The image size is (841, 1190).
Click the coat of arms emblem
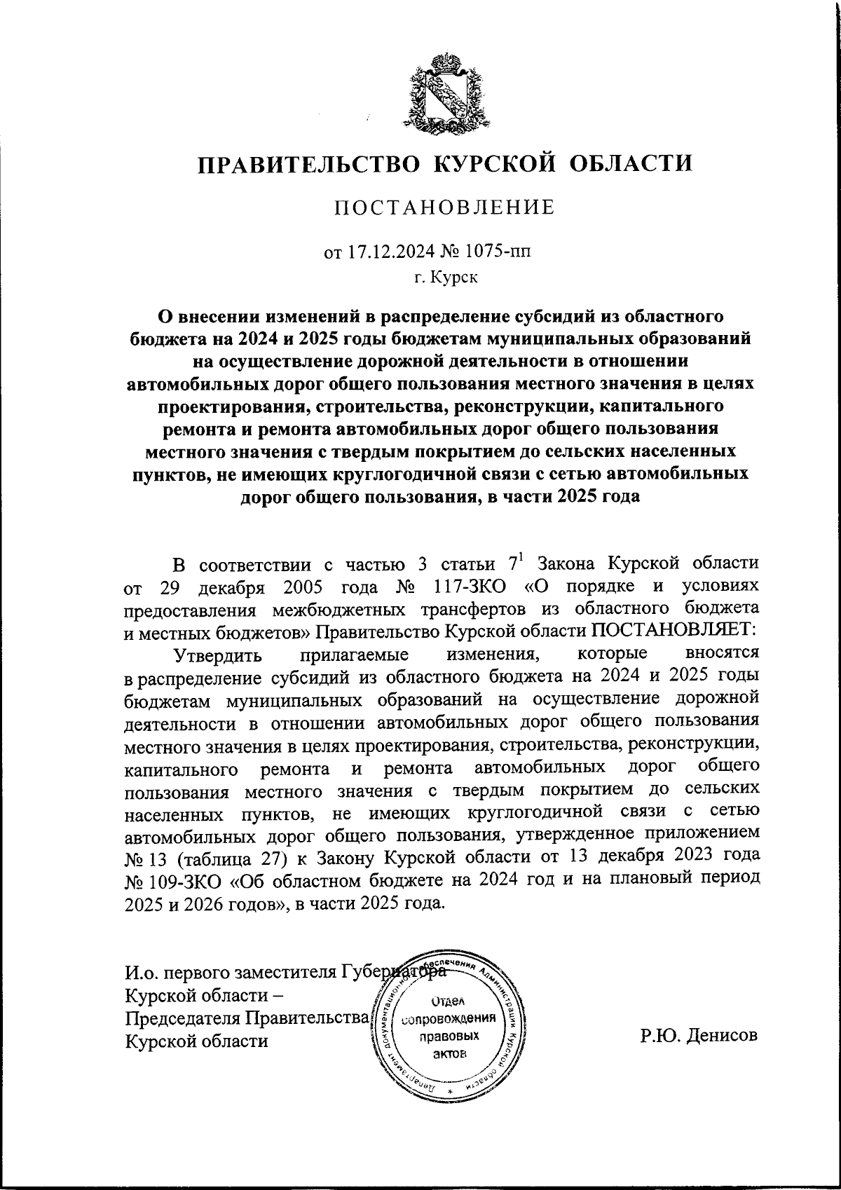[x=446, y=94]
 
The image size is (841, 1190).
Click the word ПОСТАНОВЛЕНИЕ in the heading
[x=444, y=208]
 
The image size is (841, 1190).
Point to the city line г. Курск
[x=445, y=278]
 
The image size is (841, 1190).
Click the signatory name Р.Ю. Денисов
[x=698, y=1036]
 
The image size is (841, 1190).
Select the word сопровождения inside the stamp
[x=447, y=1018]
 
